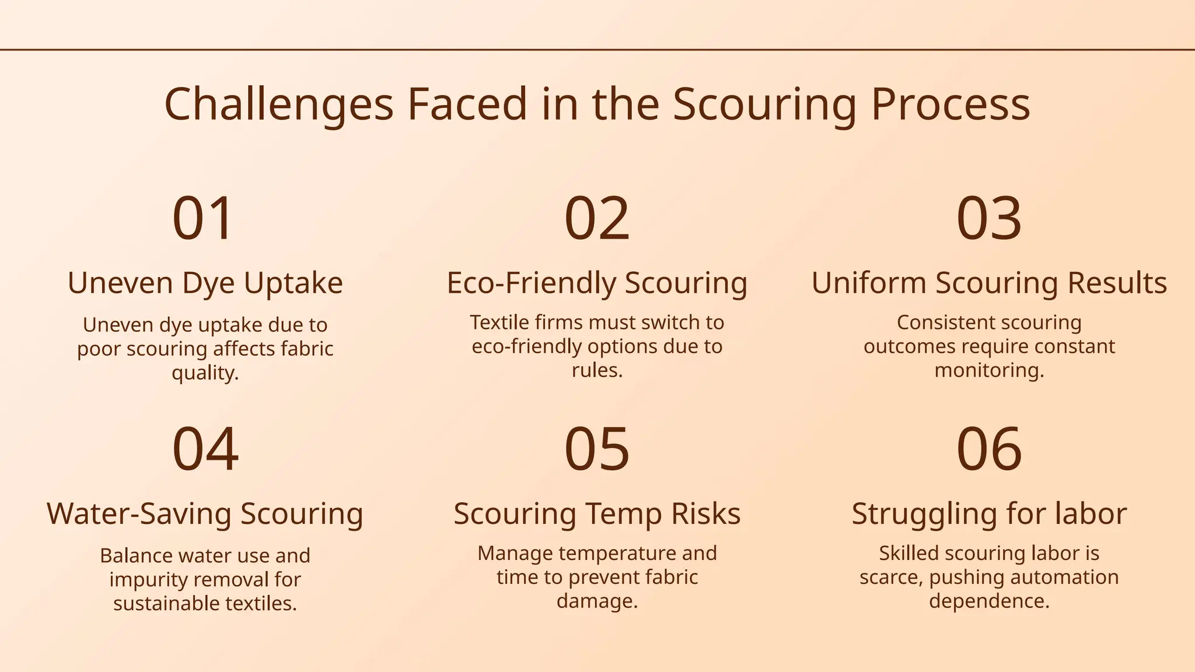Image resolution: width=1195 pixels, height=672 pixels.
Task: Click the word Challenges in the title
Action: coord(279,104)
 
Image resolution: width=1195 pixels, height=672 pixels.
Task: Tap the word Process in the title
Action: coord(951,104)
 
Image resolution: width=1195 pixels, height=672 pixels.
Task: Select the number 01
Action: coord(203,218)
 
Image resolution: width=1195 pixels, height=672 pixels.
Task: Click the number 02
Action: coord(597,218)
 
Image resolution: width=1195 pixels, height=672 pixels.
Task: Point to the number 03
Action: coord(989,218)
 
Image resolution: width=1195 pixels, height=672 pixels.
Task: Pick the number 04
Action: coord(205,449)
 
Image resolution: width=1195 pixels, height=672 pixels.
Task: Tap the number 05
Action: coord(597,449)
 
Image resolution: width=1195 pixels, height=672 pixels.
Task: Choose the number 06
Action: coord(989,449)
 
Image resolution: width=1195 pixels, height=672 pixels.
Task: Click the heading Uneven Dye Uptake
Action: coord(205,283)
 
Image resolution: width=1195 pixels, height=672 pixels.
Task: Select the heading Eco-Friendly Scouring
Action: coord(597,283)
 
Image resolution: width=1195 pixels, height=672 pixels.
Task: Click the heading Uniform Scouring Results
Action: coord(989,283)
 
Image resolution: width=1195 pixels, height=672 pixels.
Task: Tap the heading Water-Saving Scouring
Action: coord(205,514)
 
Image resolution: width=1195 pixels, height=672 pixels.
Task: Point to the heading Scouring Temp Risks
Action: coord(597,514)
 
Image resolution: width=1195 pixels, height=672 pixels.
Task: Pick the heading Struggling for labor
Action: coord(989,514)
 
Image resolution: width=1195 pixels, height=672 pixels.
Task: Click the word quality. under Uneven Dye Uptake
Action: coord(205,372)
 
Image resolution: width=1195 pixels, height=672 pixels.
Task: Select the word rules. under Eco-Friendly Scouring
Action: coord(597,370)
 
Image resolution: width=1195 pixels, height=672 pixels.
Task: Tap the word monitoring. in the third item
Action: coord(989,370)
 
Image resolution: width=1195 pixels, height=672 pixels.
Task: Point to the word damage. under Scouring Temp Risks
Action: coord(597,601)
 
